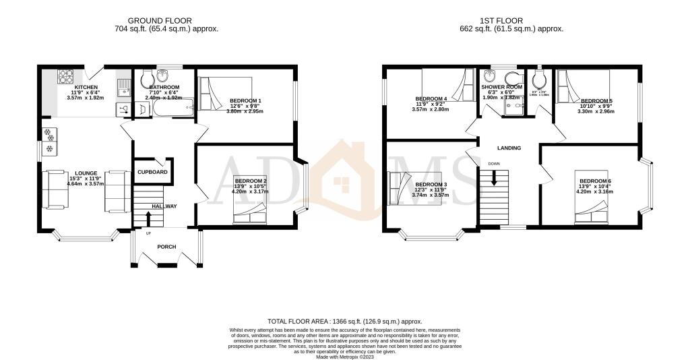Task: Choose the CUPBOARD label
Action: (x=152, y=172)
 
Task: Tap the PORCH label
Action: (x=166, y=247)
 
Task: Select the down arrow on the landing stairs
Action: (x=495, y=177)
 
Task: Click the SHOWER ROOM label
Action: (x=501, y=87)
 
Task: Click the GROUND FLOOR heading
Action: (x=166, y=21)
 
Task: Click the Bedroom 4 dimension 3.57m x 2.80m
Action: (x=431, y=109)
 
